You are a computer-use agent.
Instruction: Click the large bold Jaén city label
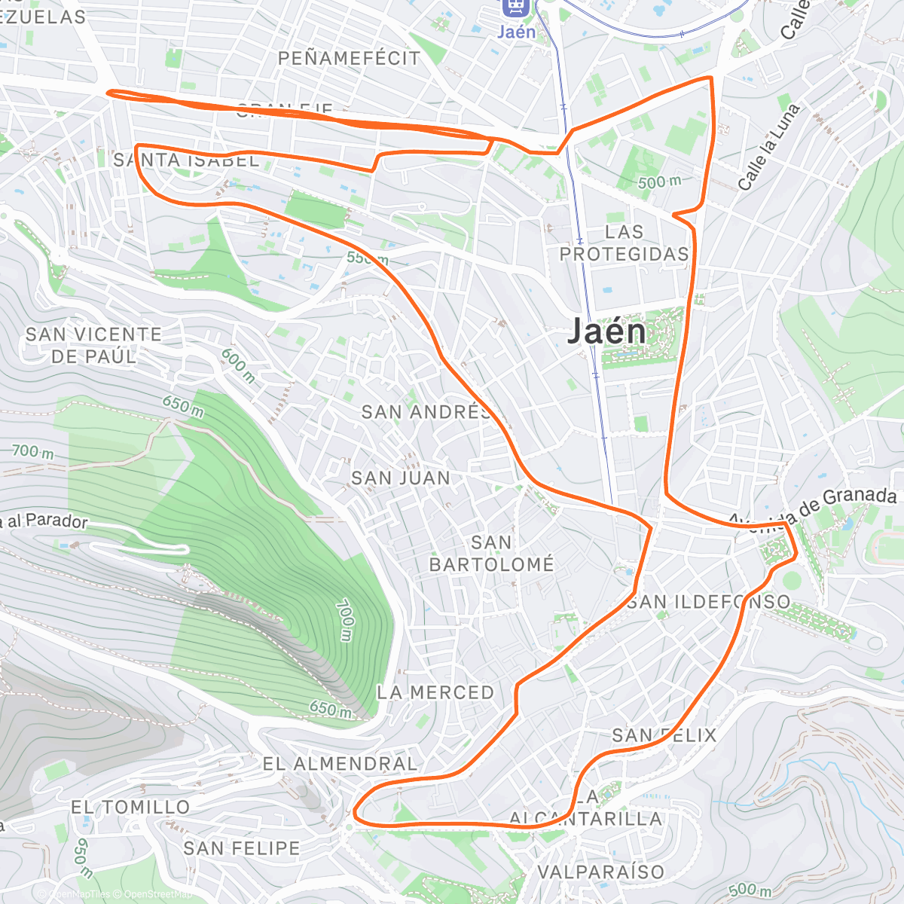(x=606, y=332)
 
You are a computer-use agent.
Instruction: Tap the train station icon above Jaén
(x=515, y=6)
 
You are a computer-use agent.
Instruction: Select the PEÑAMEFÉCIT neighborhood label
(x=349, y=58)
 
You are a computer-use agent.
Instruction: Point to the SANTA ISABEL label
(x=186, y=160)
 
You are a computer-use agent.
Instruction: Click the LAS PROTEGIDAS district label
(x=625, y=243)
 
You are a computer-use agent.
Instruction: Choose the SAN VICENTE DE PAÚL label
(x=93, y=345)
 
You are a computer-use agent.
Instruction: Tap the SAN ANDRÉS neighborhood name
(x=426, y=412)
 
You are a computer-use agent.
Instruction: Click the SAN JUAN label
(x=401, y=478)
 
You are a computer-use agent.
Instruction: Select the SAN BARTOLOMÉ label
(x=491, y=553)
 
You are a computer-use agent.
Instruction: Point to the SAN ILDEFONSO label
(x=709, y=602)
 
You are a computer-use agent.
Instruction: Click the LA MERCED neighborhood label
(x=435, y=692)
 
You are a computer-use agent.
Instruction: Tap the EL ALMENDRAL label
(x=340, y=764)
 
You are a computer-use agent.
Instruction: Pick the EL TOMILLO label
(x=130, y=808)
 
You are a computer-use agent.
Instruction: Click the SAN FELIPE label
(x=241, y=848)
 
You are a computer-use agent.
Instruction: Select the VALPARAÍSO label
(x=601, y=872)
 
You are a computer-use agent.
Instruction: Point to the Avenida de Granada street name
(x=814, y=508)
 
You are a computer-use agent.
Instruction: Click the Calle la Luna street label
(x=768, y=148)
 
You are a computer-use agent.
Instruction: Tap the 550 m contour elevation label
(x=368, y=258)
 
